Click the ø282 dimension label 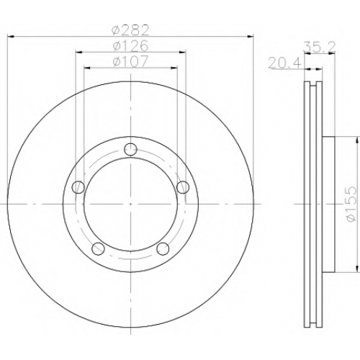click(131, 30)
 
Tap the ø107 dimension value click(131, 61)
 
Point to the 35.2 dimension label click(319, 47)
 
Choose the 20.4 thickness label click(284, 63)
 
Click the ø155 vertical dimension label click(350, 204)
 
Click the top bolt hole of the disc click(130, 149)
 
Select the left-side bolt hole click(78, 187)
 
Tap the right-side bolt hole click(183, 187)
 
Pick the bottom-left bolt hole click(99, 248)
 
